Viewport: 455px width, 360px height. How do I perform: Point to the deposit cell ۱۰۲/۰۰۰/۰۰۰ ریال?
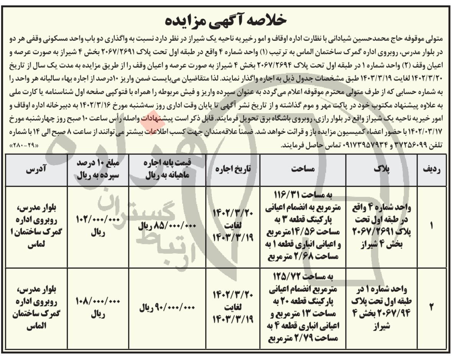click(x=94, y=226)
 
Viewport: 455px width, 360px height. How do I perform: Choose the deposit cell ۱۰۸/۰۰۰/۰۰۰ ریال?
click(x=94, y=307)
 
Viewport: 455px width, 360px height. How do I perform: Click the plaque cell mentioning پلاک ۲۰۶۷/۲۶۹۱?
click(x=382, y=226)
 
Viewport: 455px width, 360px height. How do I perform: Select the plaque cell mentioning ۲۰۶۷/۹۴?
click(x=382, y=307)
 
